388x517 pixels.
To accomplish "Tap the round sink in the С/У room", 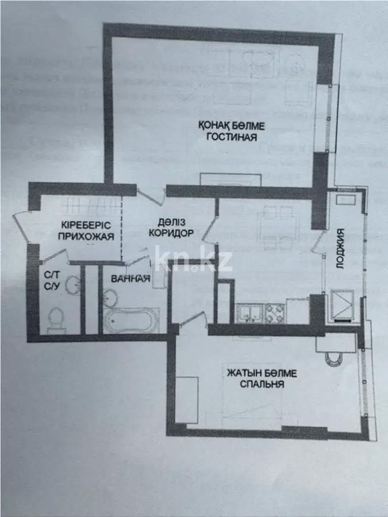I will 72,284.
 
